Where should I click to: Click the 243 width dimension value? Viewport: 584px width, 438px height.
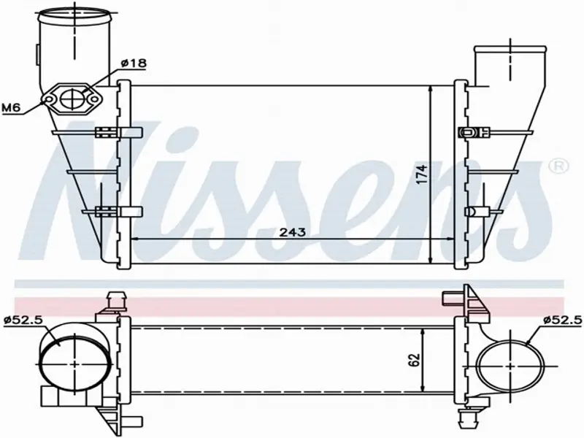(293, 232)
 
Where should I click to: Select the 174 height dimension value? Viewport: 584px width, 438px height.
(422, 174)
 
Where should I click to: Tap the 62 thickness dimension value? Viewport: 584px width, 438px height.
(415, 359)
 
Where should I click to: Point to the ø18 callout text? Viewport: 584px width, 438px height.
(134, 64)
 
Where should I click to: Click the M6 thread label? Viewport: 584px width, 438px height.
(10, 108)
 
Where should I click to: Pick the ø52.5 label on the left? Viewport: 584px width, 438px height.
(23, 320)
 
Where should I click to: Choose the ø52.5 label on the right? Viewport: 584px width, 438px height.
(562, 320)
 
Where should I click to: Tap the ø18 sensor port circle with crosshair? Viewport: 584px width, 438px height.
(72, 99)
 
